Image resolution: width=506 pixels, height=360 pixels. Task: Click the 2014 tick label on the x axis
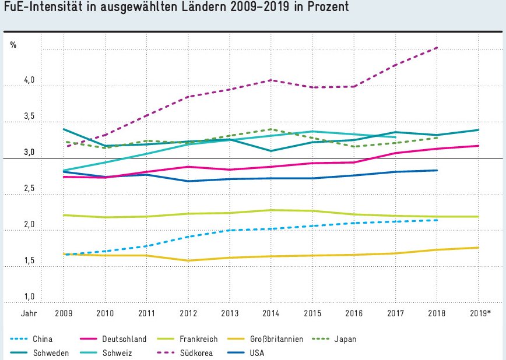pos(271,313)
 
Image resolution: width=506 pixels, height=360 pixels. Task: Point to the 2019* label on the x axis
pos(480,313)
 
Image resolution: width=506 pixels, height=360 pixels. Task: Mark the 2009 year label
pos(64,313)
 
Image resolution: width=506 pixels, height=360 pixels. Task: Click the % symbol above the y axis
pos(13,45)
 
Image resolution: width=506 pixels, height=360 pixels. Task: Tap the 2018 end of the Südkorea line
pos(437,48)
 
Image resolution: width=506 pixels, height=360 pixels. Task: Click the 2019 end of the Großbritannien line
pos(479,248)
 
